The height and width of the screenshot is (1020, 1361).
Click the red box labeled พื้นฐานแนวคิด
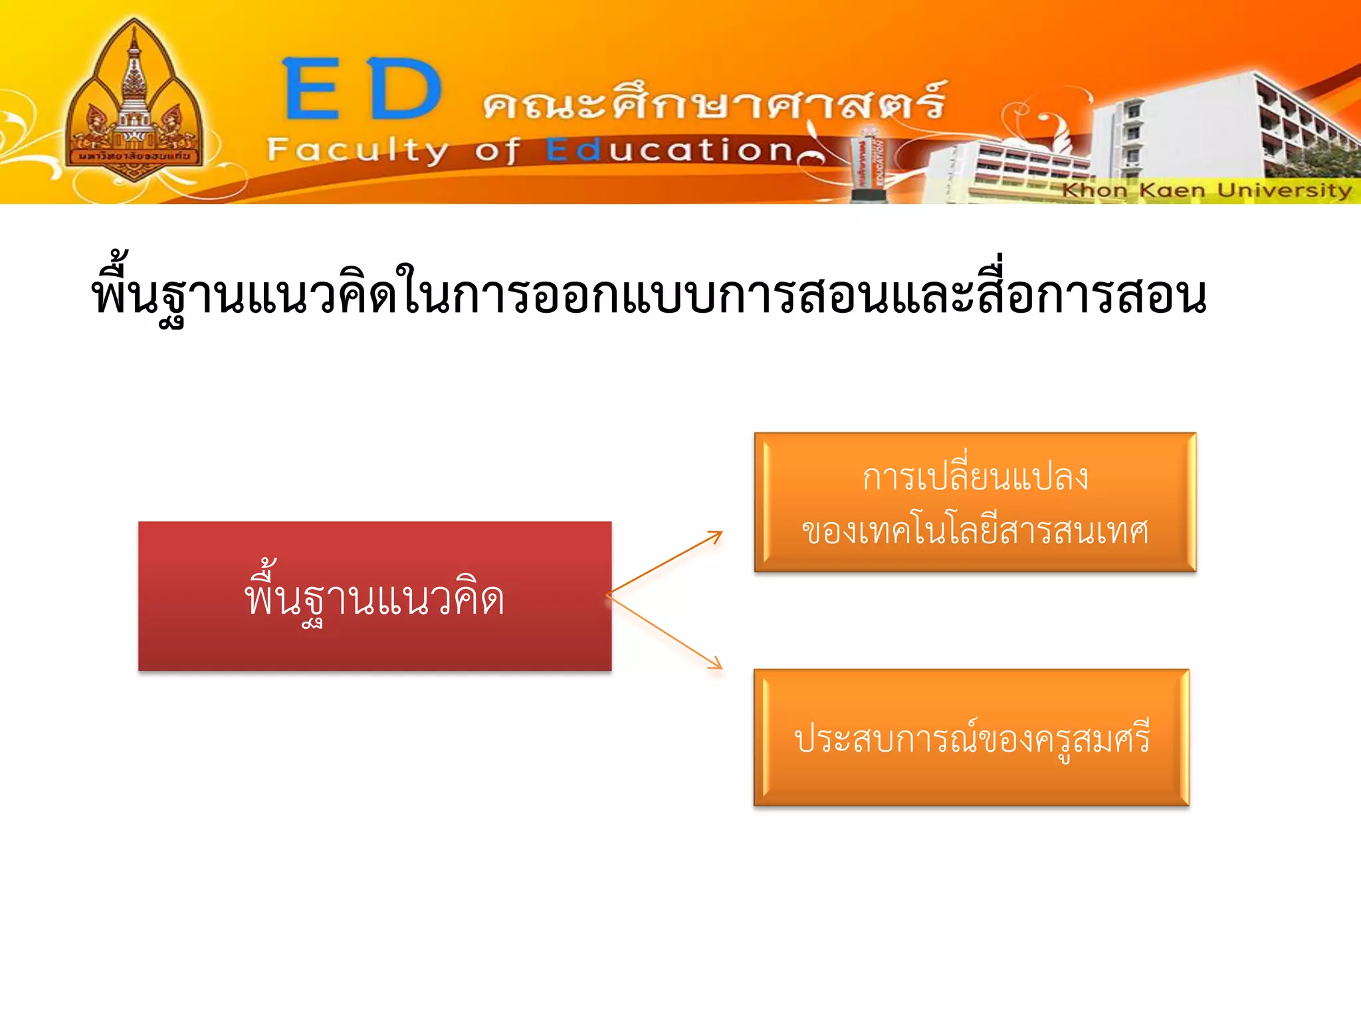[x=375, y=596]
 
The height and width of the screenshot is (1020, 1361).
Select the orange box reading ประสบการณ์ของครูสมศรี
[x=972, y=738]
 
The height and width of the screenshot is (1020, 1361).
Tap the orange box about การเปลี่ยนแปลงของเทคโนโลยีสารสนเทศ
[x=975, y=502]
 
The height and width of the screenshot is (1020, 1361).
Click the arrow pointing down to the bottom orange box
[x=665, y=632]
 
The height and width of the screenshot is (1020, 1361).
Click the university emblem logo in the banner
[x=135, y=103]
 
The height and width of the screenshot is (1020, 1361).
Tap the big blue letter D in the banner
[x=405, y=89]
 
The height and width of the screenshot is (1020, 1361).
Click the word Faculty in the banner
[x=358, y=151]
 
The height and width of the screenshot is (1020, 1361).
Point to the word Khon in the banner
[x=1094, y=191]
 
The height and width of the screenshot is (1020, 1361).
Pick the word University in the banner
[x=1284, y=191]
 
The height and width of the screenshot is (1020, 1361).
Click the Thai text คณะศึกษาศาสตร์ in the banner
[x=714, y=101]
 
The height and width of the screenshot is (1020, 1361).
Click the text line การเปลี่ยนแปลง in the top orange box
[x=975, y=477]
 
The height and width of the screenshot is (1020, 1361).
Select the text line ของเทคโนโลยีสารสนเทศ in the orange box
[x=975, y=531]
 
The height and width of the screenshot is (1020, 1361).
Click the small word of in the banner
[x=496, y=151]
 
